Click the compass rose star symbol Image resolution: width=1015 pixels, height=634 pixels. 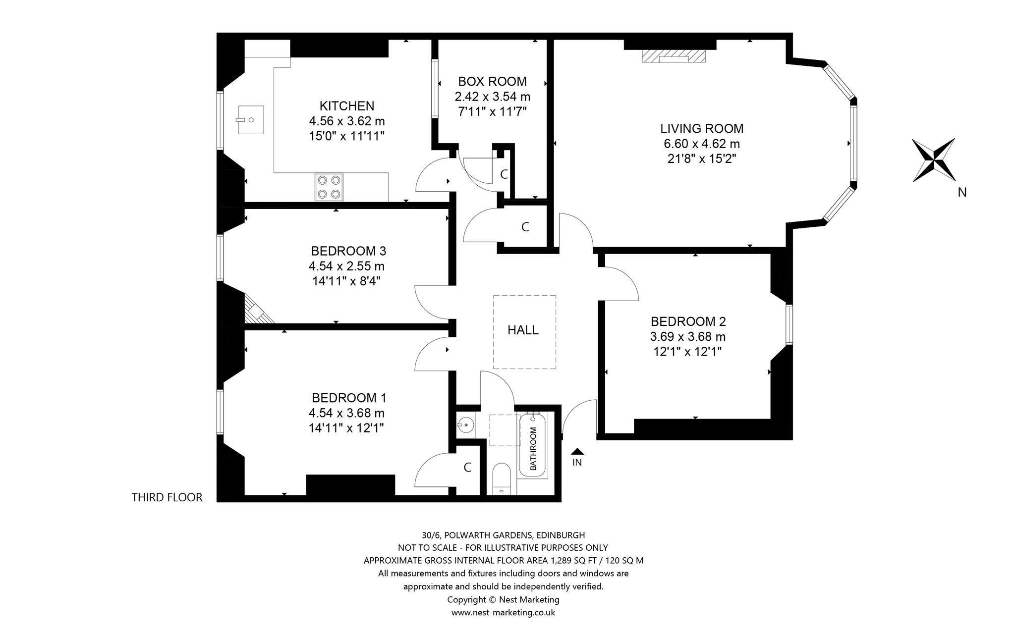tap(934, 160)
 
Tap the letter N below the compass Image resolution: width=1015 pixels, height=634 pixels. tap(962, 193)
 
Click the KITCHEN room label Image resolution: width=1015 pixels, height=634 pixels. tap(347, 106)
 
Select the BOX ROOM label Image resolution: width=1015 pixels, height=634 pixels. tap(492, 81)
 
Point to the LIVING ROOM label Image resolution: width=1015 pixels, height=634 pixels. tap(702, 129)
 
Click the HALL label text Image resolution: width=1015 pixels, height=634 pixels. tap(523, 330)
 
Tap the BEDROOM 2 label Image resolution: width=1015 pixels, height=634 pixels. tap(688, 321)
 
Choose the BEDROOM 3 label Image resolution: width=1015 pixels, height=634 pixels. tap(348, 251)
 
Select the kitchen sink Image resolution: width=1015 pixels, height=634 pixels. tap(251, 120)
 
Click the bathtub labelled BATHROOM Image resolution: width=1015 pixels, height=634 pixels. tap(534, 445)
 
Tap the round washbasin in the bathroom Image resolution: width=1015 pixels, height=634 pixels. tap(465, 424)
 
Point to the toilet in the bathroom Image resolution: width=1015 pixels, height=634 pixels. tap(502, 479)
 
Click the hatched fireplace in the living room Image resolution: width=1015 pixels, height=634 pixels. tap(674, 56)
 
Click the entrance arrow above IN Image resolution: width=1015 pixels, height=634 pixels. tap(577, 451)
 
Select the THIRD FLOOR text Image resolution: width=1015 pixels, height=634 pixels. tap(167, 497)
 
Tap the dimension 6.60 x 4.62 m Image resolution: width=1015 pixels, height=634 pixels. tap(702, 144)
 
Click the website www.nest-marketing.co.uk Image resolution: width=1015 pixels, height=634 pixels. tap(503, 612)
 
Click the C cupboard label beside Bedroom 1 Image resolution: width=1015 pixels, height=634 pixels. tap(467, 467)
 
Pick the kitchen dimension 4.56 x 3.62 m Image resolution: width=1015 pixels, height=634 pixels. tap(347, 121)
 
